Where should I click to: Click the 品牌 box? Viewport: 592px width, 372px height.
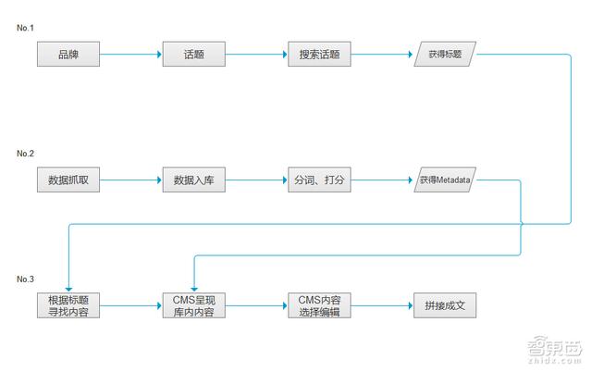68,54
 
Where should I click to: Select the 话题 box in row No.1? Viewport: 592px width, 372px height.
193,54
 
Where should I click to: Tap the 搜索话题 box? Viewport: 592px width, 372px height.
319,54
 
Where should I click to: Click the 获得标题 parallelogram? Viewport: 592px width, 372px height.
445,54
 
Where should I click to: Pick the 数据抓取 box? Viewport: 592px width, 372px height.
68,180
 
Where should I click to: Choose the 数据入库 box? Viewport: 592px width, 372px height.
193,180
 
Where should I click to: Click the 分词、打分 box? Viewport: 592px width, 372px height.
319,180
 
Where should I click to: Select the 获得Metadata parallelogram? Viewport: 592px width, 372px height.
445,180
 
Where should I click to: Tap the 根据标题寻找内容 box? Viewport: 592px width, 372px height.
68,305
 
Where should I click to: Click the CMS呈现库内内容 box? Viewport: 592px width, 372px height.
193,305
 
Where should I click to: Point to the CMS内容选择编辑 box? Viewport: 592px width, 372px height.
319,305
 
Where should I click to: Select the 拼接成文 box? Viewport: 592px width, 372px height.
445,305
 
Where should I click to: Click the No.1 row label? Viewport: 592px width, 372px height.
25,28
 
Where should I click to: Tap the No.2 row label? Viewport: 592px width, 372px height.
25,154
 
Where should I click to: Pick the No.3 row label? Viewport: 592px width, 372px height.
25,279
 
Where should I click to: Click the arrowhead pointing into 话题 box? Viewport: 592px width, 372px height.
159,54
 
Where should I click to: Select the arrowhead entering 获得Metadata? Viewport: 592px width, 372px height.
411,180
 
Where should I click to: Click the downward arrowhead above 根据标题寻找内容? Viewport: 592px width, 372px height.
68,290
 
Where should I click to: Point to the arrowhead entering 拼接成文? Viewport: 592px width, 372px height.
411,305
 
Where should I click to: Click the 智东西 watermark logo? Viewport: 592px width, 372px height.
555,350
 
